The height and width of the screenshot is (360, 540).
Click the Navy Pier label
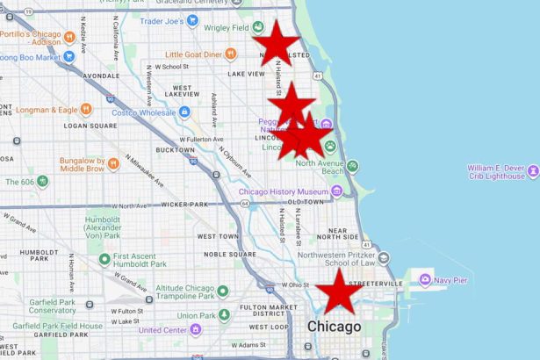tap(457, 280)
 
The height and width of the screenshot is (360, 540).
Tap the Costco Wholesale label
tap(146, 112)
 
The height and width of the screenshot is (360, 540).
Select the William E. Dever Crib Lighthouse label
tap(496, 171)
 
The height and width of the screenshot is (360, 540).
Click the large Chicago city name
tap(334, 327)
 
